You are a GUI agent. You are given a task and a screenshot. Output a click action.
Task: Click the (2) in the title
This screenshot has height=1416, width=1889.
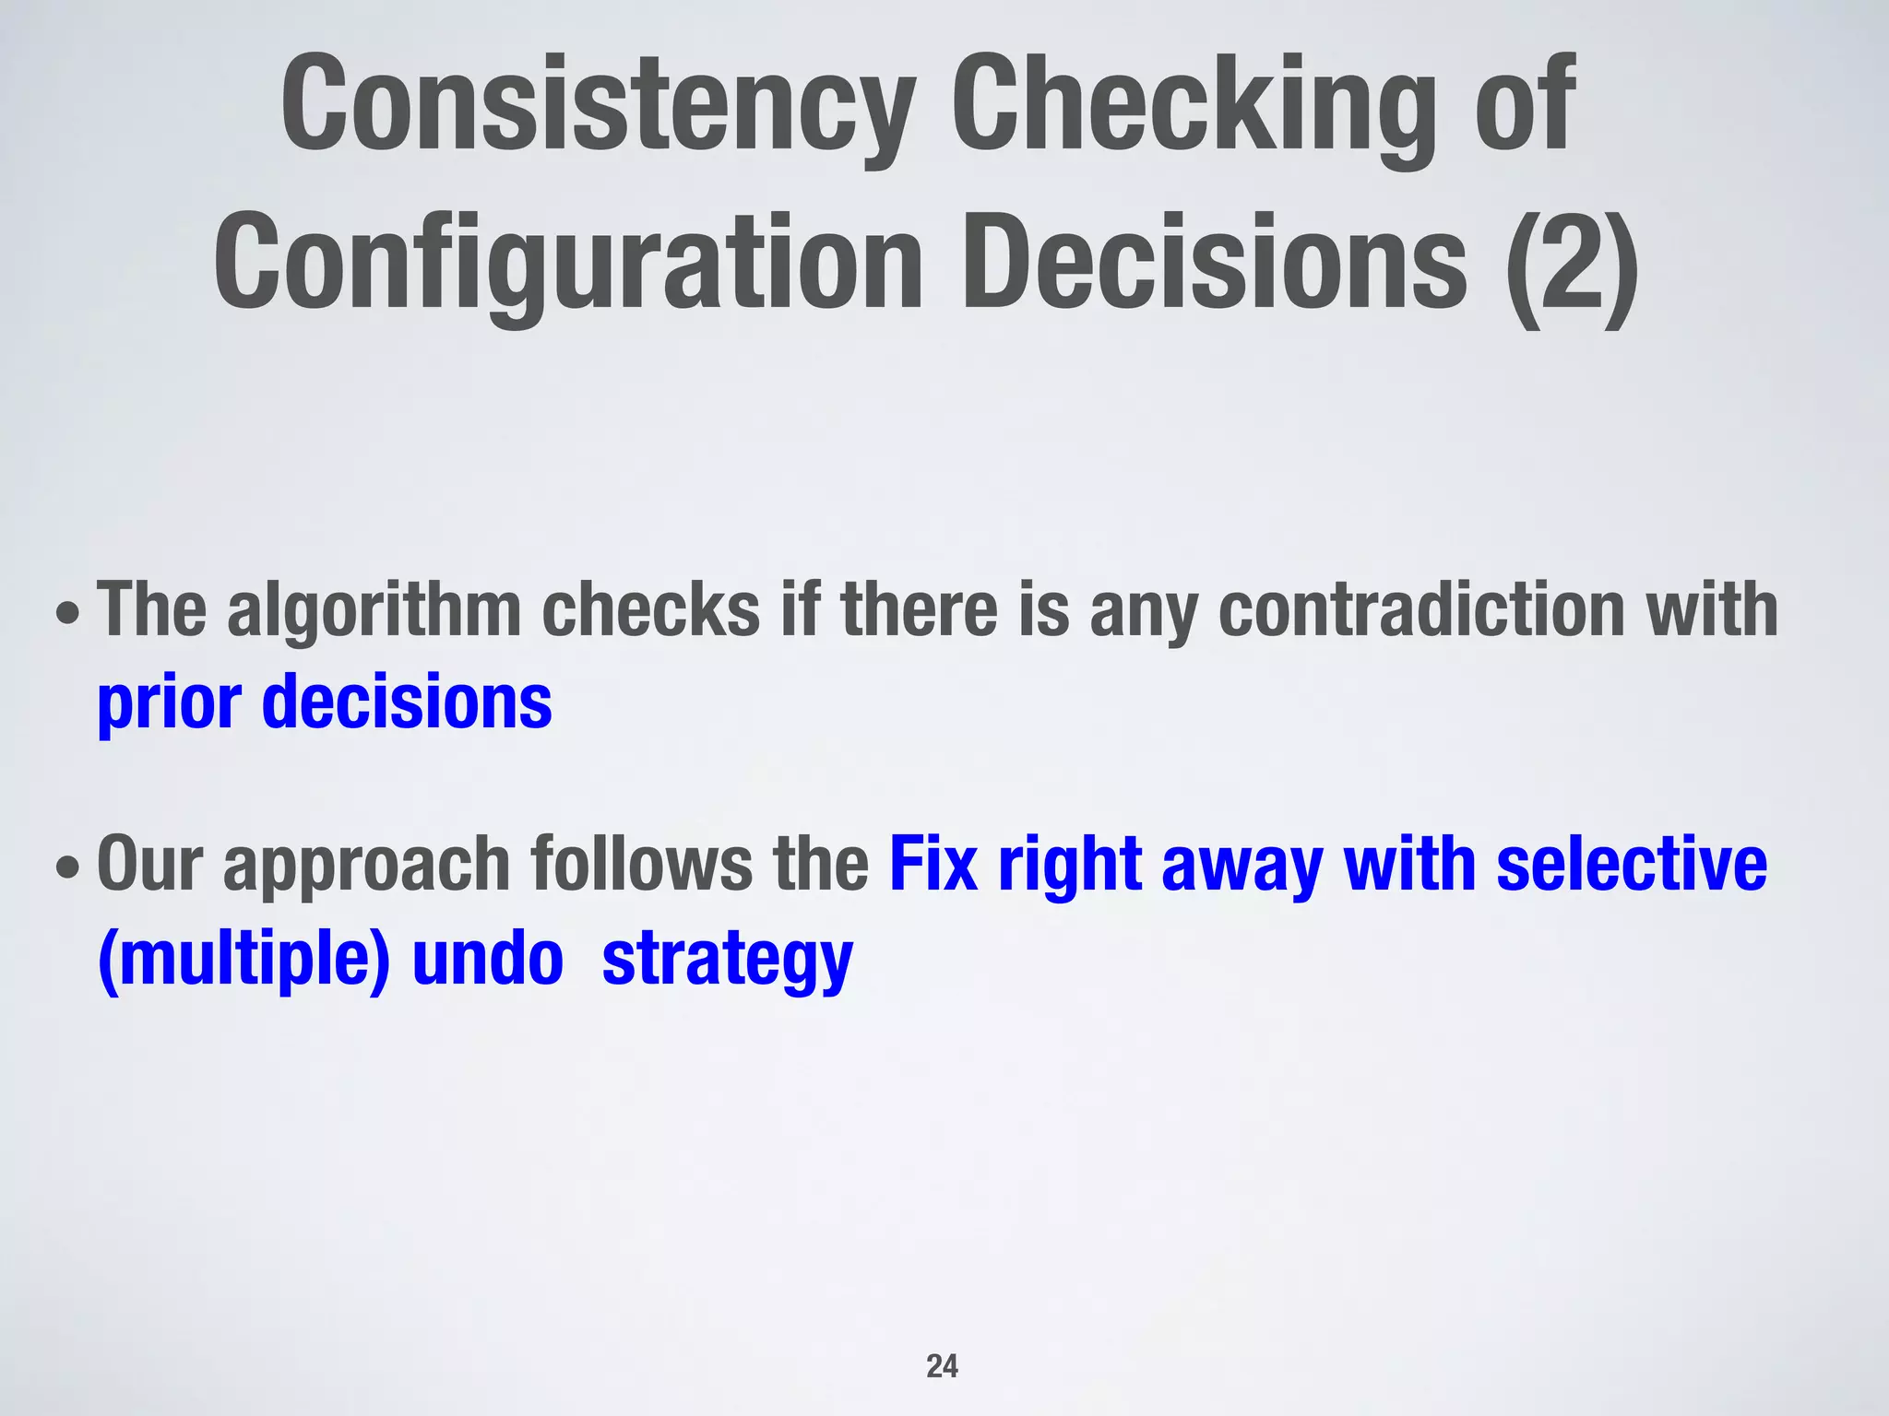1571,264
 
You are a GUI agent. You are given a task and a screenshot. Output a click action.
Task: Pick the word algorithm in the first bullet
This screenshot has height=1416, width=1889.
374,610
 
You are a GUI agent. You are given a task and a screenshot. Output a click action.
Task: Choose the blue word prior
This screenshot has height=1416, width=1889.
169,703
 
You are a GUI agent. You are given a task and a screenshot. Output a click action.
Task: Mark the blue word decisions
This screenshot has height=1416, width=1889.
407,702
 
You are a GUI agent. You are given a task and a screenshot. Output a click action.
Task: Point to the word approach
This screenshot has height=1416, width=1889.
367,867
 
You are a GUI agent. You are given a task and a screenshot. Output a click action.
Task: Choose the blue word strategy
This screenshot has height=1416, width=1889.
727,961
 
